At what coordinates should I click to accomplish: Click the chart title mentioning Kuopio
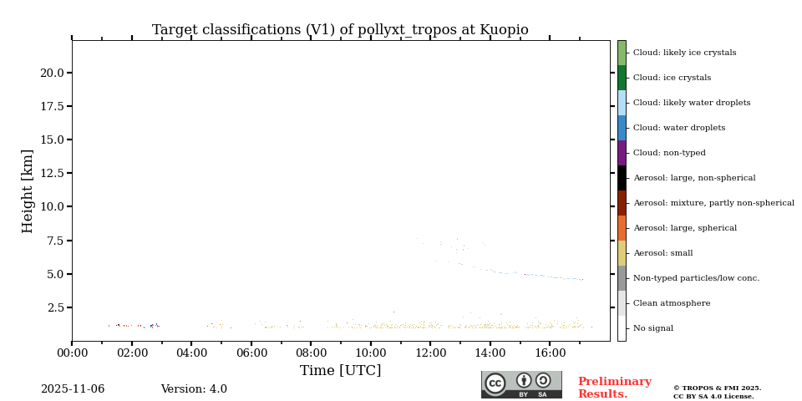pyautogui.click(x=340, y=30)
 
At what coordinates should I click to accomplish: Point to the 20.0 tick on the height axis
pyautogui.click(x=52, y=73)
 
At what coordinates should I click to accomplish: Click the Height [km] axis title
pyautogui.click(x=28, y=190)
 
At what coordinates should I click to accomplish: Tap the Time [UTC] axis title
pyautogui.click(x=340, y=371)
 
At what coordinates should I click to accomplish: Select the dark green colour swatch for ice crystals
pyautogui.click(x=622, y=78)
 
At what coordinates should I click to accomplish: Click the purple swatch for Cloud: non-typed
pyautogui.click(x=622, y=153)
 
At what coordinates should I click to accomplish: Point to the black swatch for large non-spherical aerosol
pyautogui.click(x=622, y=178)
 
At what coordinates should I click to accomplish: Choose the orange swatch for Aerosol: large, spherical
pyautogui.click(x=622, y=228)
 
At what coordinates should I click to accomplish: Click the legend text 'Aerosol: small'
pyautogui.click(x=662, y=253)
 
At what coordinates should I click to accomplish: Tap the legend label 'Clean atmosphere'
pyautogui.click(x=672, y=303)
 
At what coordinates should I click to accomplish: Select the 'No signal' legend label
pyautogui.click(x=653, y=328)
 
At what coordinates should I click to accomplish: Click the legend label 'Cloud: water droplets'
pyautogui.click(x=679, y=128)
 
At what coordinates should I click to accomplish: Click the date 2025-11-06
pyautogui.click(x=73, y=389)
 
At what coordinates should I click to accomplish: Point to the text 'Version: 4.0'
pyautogui.click(x=194, y=389)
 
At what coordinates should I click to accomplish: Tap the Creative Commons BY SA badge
pyautogui.click(x=521, y=384)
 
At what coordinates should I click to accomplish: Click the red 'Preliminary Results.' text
pyautogui.click(x=614, y=388)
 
